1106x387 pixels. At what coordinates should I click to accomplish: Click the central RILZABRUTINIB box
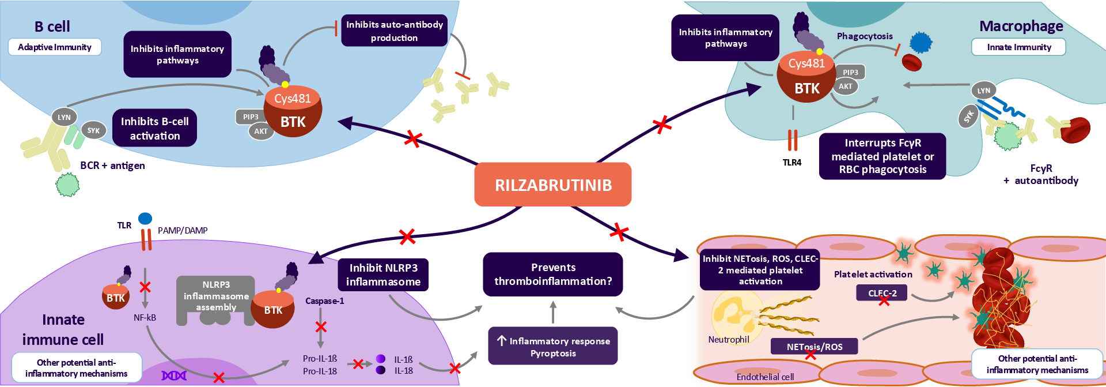[x=553, y=185]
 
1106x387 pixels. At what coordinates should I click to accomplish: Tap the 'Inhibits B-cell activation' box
[x=154, y=128]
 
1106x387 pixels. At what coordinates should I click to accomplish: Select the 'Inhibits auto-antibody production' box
[x=395, y=31]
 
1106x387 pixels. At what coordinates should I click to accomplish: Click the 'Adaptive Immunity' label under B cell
[x=55, y=47]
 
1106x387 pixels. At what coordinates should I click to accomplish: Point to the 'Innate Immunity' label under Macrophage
[x=1018, y=47]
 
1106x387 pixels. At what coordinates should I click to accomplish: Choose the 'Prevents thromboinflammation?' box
[x=553, y=274]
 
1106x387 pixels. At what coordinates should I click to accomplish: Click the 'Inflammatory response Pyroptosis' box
[x=553, y=347]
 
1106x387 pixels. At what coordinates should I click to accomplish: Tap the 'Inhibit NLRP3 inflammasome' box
[x=383, y=275]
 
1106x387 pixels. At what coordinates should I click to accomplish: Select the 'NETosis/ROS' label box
[x=815, y=347]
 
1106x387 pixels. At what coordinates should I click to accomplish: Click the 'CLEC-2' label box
[x=882, y=293]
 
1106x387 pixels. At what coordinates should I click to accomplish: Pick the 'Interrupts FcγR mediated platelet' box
[x=882, y=156]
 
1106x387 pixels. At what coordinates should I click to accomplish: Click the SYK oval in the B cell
[x=93, y=131]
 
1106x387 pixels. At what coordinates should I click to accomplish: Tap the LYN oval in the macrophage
[x=984, y=91]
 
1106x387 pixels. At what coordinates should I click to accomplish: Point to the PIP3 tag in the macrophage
[x=850, y=72]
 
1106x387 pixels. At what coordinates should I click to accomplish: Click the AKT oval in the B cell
[x=261, y=131]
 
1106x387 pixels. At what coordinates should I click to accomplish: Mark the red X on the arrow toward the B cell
[x=413, y=138]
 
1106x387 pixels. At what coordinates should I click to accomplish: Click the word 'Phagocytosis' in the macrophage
[x=865, y=36]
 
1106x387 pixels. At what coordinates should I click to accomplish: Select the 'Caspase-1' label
[x=324, y=301]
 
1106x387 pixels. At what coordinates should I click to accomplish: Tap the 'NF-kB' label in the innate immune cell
[x=145, y=317]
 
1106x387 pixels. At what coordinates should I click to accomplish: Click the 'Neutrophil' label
[x=729, y=340]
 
